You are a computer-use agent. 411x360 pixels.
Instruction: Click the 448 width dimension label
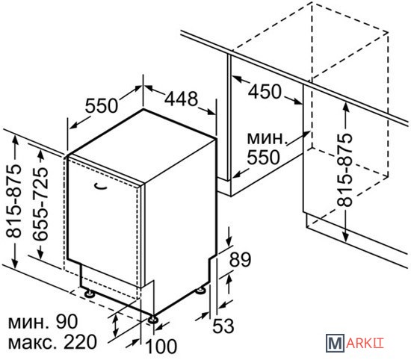pyautogui.click(x=181, y=99)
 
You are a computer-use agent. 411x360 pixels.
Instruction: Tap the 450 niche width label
pyautogui.click(x=265, y=91)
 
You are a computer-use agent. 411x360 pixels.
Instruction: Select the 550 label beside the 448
pyautogui.click(x=102, y=105)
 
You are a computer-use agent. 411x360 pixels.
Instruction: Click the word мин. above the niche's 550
pyautogui.click(x=266, y=138)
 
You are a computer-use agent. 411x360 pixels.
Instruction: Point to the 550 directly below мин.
pyautogui.click(x=264, y=157)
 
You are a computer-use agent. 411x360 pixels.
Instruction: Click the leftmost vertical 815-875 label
pyautogui.click(x=13, y=201)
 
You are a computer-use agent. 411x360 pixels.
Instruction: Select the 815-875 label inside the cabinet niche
pyautogui.click(x=344, y=170)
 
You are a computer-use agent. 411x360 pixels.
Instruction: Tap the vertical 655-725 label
pyautogui.click(x=40, y=204)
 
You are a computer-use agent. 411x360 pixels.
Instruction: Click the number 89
pyautogui.click(x=240, y=259)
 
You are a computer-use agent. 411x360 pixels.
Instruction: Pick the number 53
pyautogui.click(x=223, y=326)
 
